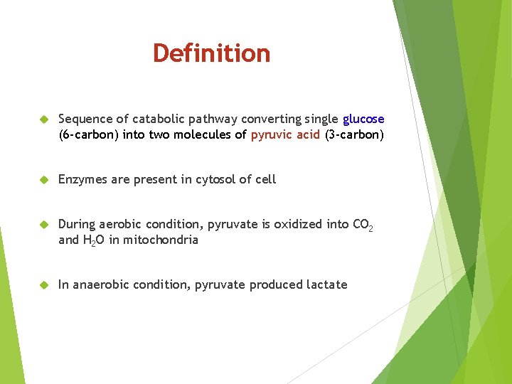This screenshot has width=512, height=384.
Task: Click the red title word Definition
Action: click(x=211, y=53)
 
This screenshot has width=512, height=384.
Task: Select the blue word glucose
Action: click(x=363, y=119)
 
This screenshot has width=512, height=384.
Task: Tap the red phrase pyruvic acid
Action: click(x=285, y=134)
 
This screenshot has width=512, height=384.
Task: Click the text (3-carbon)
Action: click(x=354, y=134)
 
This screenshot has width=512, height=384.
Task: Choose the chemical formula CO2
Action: click(x=363, y=225)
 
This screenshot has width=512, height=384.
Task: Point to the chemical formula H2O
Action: click(x=94, y=240)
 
